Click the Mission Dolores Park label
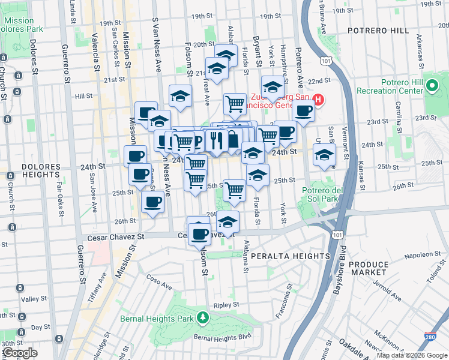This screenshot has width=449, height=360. coord(22,25)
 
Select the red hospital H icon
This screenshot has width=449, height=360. coord(319,100)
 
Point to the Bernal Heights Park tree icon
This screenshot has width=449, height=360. coord(203,317)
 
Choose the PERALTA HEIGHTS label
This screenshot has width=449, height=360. coord(278,256)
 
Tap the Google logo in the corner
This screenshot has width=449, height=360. coord(20,353)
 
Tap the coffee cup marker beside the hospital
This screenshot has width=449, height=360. coord(303,111)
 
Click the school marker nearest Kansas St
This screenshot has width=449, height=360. coord(325,155)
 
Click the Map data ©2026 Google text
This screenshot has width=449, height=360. coord(411,356)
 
